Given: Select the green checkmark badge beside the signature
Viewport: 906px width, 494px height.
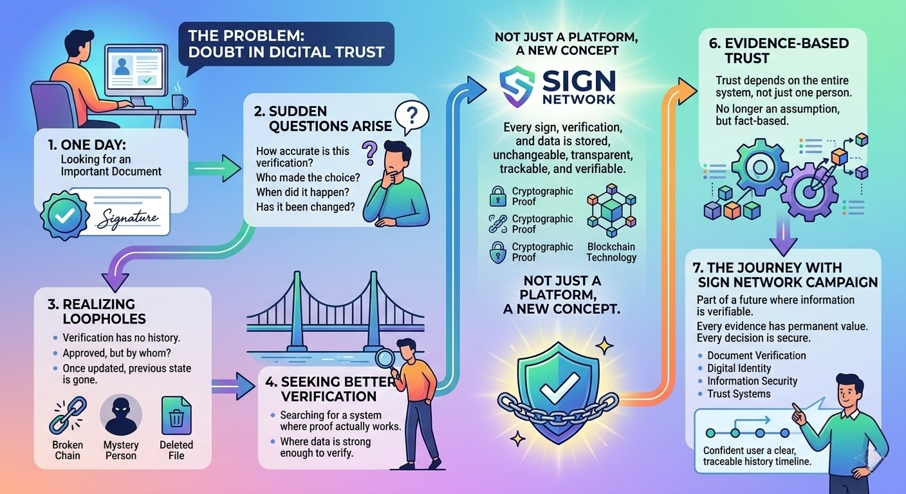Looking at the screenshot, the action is click(x=63, y=216).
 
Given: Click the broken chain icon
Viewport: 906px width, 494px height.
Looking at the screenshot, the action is click(x=67, y=415).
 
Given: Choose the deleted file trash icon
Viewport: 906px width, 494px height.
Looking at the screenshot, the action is click(x=176, y=415).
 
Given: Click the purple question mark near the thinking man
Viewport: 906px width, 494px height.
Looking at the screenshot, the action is click(x=369, y=154).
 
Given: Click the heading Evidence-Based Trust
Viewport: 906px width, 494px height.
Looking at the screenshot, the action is click(x=779, y=51).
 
